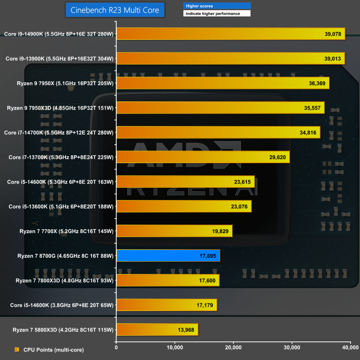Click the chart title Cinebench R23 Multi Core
tap(115, 10)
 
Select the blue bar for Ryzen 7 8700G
tap(168, 256)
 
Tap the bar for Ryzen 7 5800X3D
tap(157, 330)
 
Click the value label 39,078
tap(333, 34)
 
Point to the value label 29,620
tap(277, 157)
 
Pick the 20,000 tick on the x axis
tap(233, 347)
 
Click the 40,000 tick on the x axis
tap(350, 347)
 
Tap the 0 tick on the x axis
tap(116, 347)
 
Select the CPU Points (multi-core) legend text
tap(53, 350)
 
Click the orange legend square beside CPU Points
tap(17, 350)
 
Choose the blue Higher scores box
tap(217, 6)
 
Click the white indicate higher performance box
tap(217, 14)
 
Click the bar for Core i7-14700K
tap(218, 133)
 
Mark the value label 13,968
tap(185, 330)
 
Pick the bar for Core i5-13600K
tap(184, 206)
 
